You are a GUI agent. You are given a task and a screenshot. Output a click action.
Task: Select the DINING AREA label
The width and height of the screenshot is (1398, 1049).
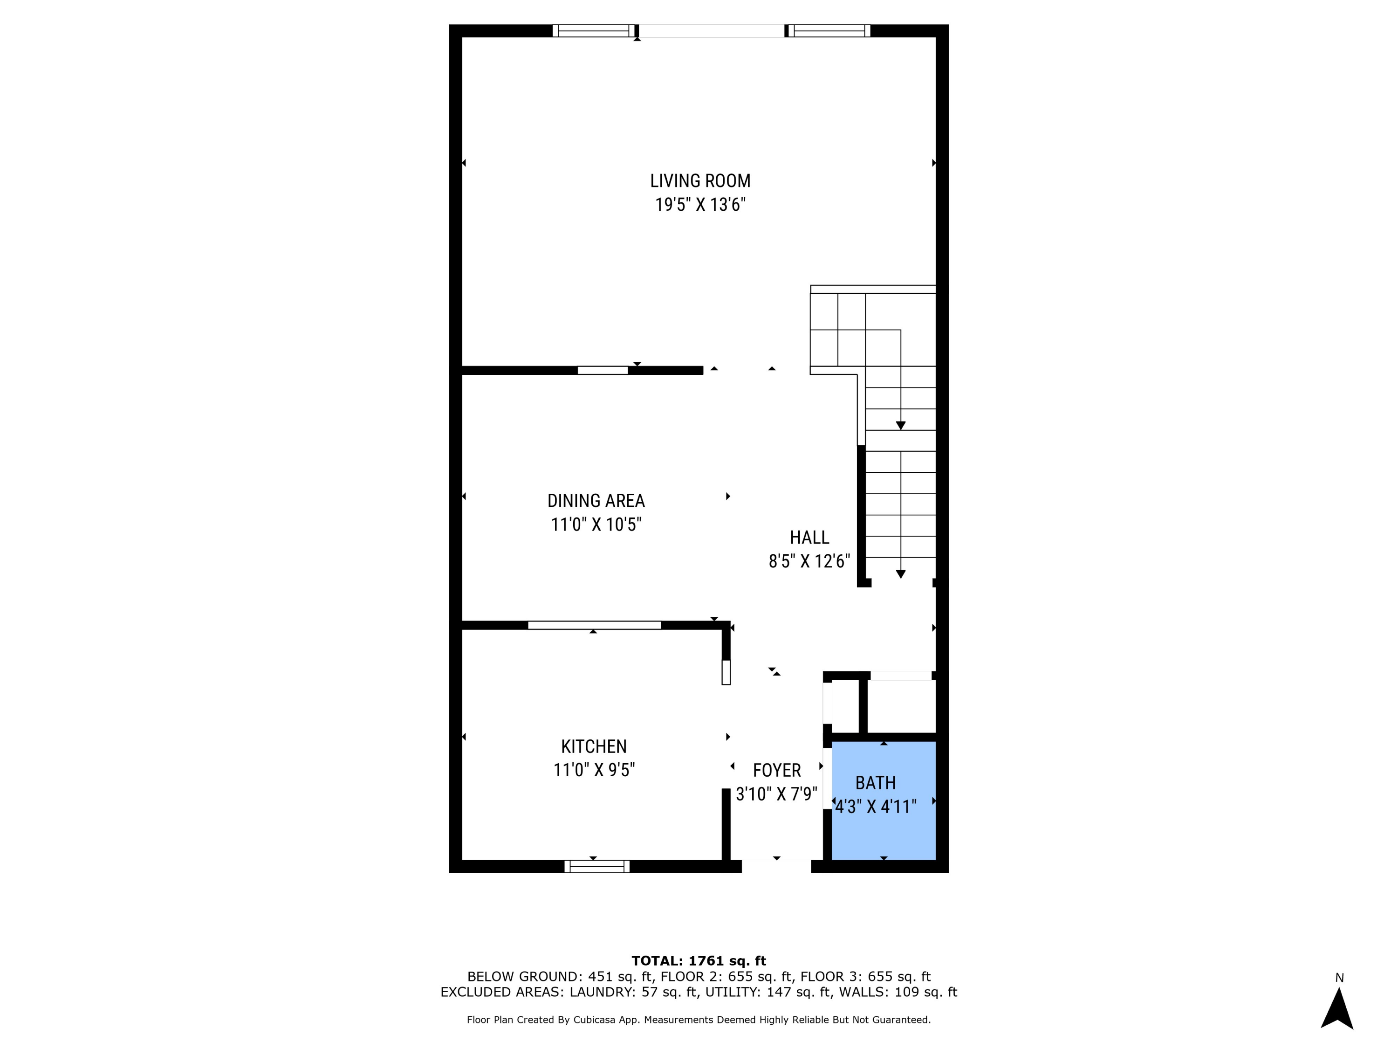click(x=596, y=501)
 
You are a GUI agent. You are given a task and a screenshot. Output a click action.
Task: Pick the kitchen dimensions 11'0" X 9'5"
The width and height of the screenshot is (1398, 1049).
click(x=594, y=770)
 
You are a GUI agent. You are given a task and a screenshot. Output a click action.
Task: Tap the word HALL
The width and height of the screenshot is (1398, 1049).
click(x=809, y=538)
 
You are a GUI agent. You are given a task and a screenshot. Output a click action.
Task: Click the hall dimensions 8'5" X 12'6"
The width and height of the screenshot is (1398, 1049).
click(x=809, y=561)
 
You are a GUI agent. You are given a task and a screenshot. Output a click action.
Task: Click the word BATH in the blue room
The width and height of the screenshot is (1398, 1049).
click(x=875, y=783)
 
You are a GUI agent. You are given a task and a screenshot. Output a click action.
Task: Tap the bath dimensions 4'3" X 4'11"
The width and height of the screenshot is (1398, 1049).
click(x=875, y=807)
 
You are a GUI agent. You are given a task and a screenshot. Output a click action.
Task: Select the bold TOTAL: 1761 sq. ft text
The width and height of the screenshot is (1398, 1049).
click(x=699, y=961)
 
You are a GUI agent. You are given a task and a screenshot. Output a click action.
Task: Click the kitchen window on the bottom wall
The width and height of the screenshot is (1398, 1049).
click(x=596, y=866)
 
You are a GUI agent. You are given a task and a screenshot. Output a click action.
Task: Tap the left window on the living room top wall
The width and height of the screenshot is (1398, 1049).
click(x=594, y=31)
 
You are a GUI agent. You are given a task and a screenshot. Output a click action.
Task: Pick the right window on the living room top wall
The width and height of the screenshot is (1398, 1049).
click(x=828, y=31)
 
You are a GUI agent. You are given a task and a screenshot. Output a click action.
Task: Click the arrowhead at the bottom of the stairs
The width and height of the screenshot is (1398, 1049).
click(x=901, y=573)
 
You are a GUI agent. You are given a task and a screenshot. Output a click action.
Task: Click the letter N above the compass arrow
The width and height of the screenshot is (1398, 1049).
click(x=1339, y=978)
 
